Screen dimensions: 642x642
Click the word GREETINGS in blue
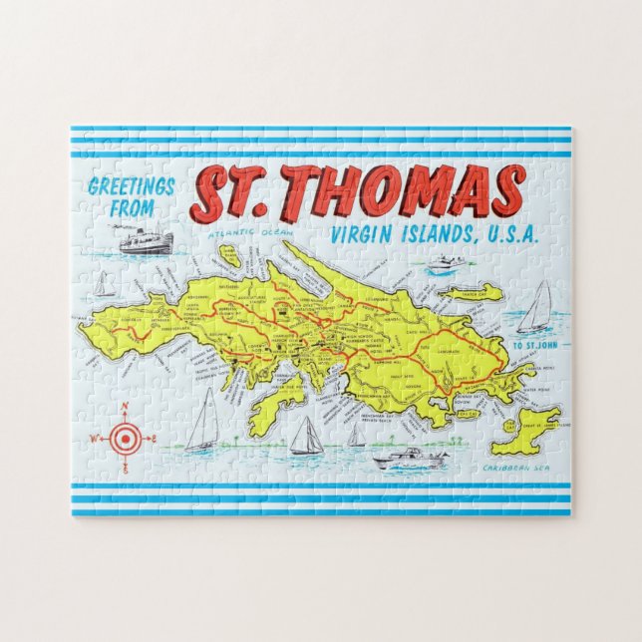[x=131, y=186]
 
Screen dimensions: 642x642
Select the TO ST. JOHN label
[x=531, y=346]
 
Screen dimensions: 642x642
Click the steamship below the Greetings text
[x=147, y=240]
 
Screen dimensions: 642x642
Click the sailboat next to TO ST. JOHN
[x=536, y=307]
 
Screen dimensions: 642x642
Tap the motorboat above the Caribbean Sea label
[x=409, y=462]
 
